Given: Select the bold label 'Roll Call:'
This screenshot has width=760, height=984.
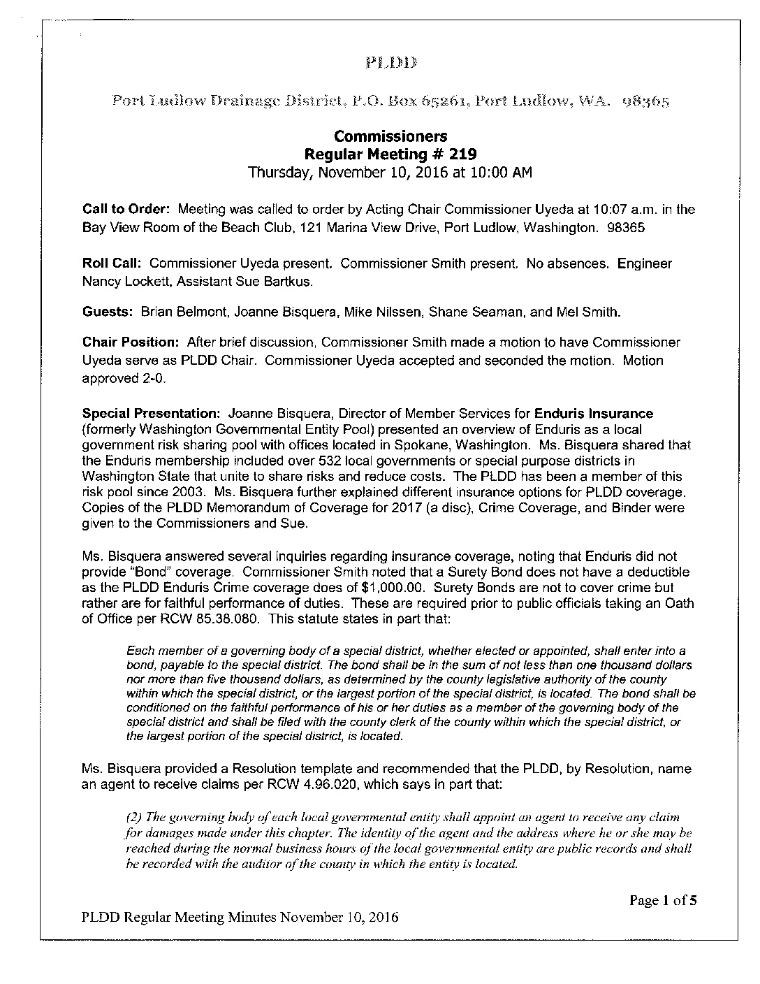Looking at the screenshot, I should tap(112, 263).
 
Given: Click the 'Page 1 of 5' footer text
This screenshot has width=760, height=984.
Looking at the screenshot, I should tap(663, 900).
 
